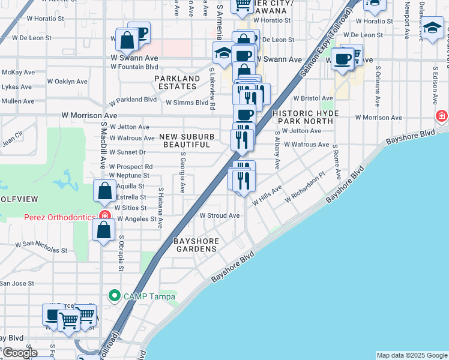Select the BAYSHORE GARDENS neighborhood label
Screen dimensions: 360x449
(x=195, y=245)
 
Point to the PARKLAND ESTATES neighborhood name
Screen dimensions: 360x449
(x=177, y=82)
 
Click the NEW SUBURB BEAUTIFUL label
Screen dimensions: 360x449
(x=187, y=141)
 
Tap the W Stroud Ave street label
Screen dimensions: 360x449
(x=220, y=215)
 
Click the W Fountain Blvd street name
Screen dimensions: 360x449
(x=134, y=67)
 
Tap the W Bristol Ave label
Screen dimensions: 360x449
(x=313, y=98)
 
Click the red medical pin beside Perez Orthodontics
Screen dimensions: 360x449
(x=106, y=215)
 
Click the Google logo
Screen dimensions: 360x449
(x=19, y=353)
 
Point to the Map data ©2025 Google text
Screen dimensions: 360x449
(x=412, y=355)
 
